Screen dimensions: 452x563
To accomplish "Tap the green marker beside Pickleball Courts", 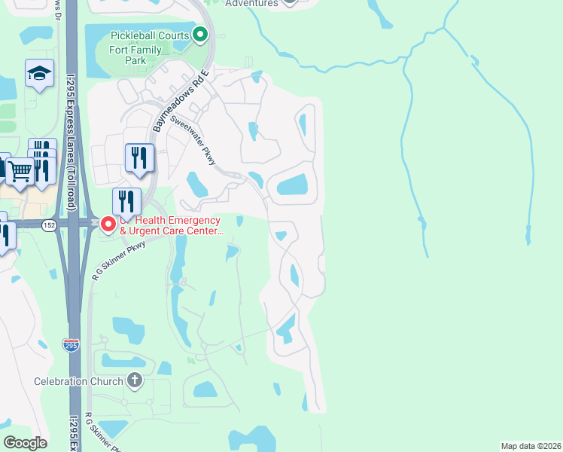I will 200,34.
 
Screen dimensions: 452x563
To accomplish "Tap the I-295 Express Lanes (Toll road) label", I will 71,131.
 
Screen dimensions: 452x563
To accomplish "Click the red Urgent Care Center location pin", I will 108,224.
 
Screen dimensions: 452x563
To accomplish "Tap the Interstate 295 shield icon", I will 71,345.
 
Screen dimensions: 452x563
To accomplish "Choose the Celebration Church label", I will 78,381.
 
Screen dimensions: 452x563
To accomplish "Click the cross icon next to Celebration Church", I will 135,380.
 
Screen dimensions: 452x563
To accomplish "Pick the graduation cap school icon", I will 39,73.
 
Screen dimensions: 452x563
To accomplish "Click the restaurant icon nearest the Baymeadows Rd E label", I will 139,157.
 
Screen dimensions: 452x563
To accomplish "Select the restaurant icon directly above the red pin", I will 126,201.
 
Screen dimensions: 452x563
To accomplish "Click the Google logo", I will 26,443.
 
